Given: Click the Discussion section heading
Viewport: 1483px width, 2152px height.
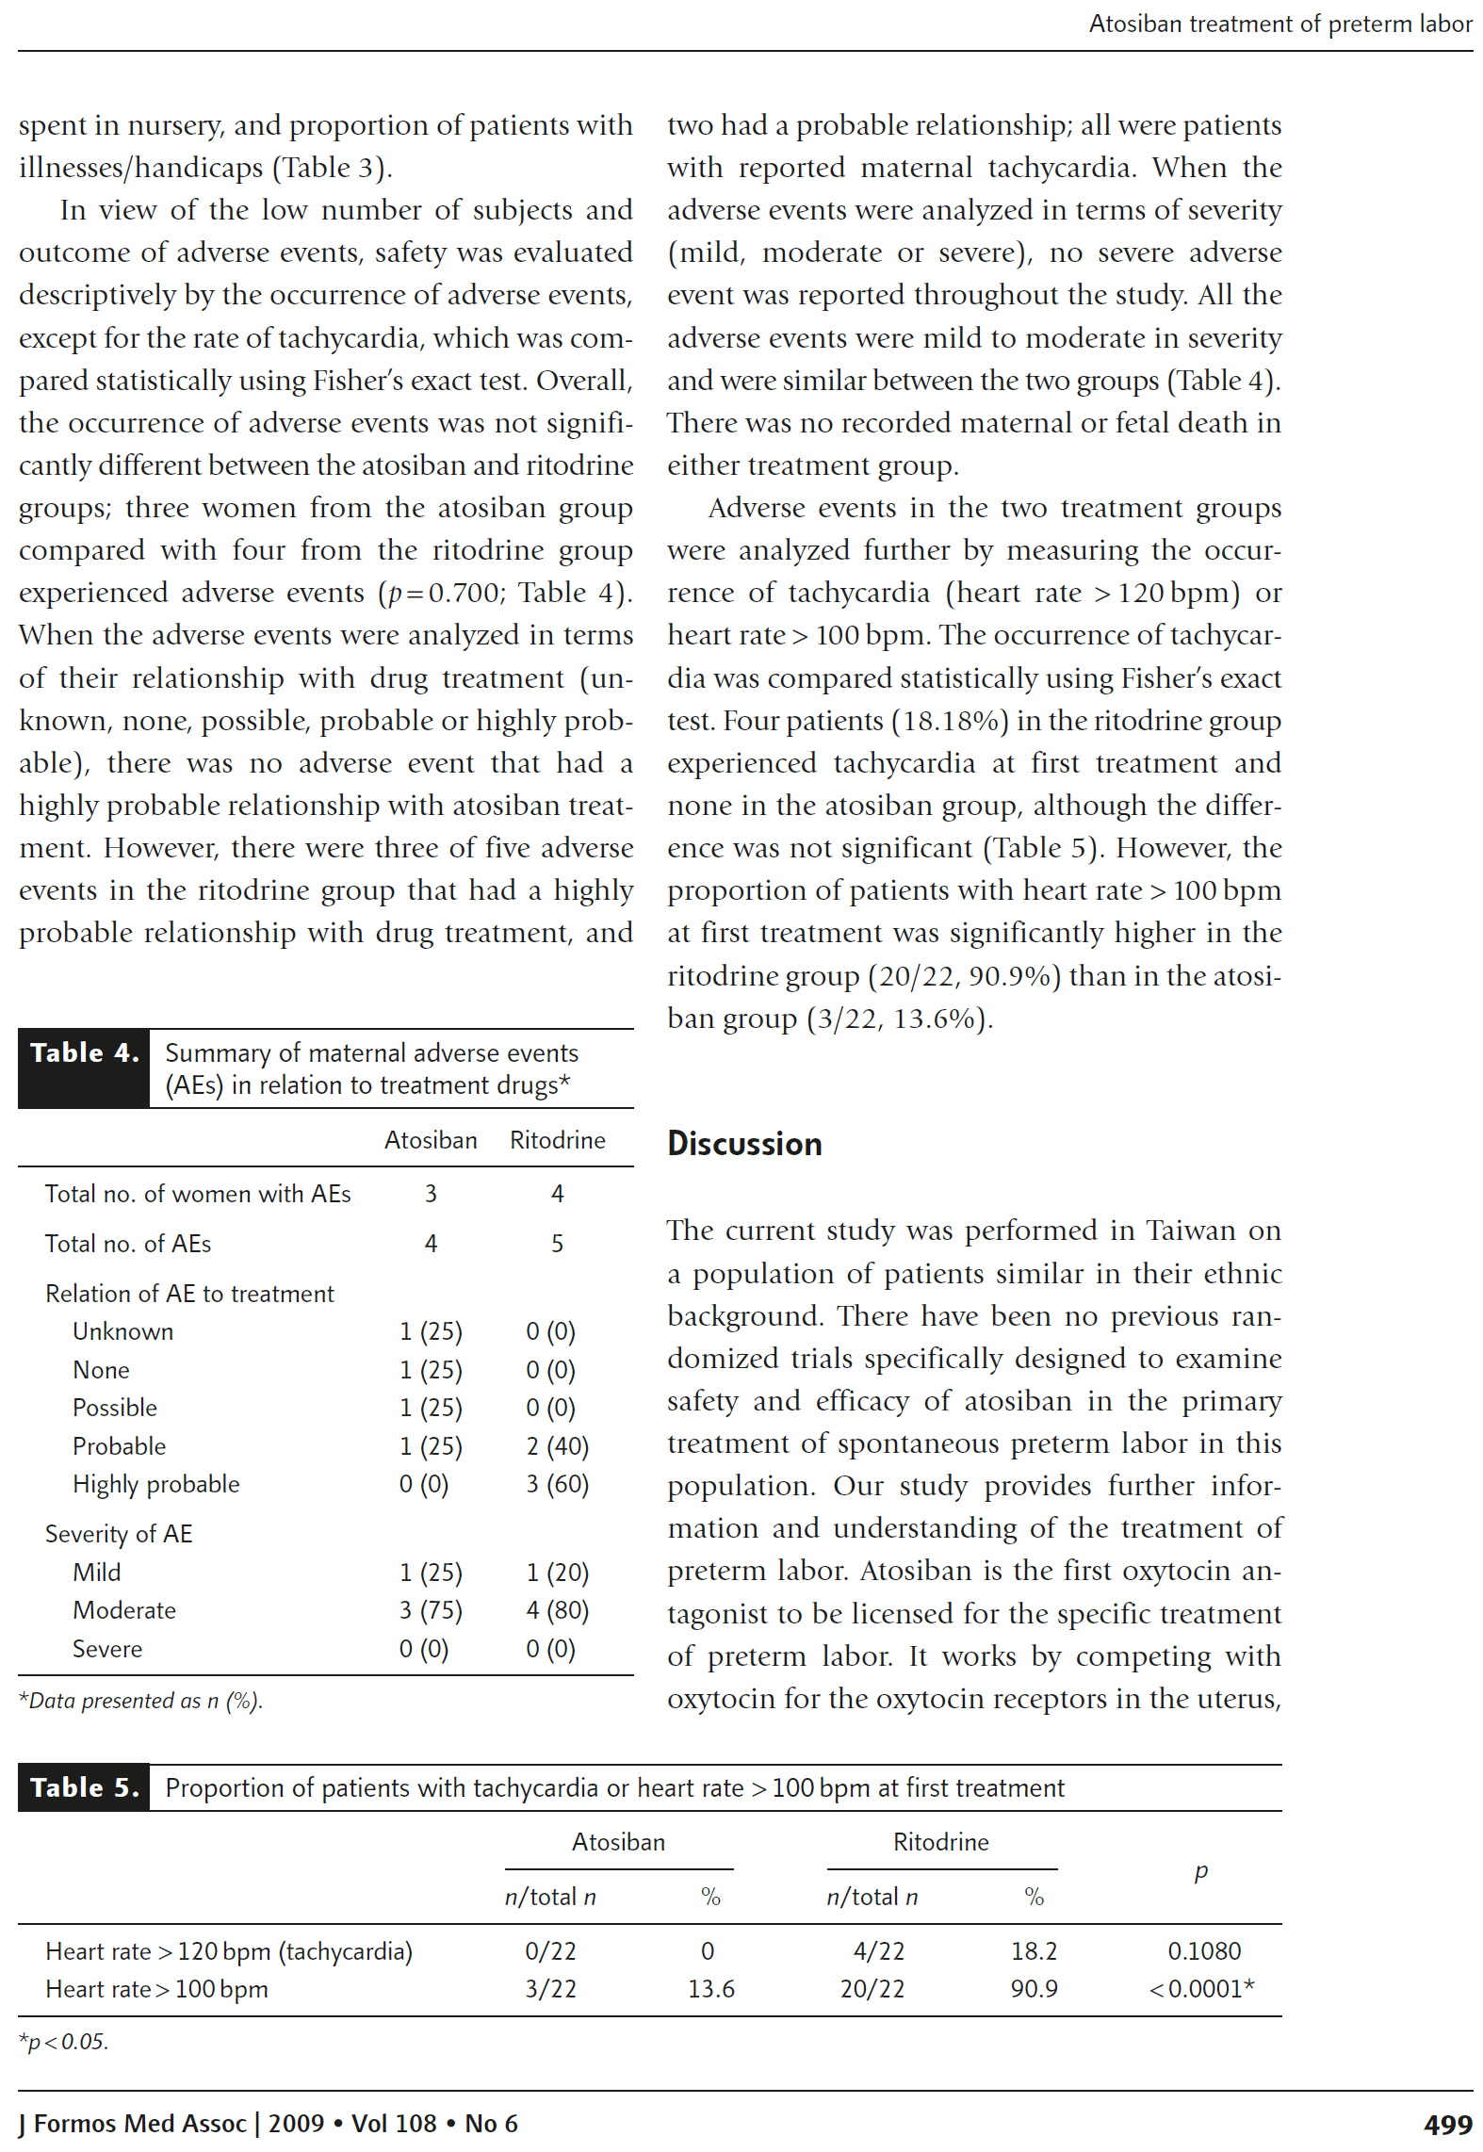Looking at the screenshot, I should pyautogui.click(x=744, y=1143).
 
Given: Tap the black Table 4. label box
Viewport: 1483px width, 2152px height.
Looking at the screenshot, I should pyautogui.click(x=84, y=1068).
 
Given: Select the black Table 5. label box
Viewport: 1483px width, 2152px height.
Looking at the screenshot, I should pyautogui.click(x=84, y=1787).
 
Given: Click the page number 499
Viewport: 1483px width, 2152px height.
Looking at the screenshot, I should pyautogui.click(x=1447, y=2125).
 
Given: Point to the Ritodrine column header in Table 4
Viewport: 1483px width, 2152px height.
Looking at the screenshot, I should pyautogui.click(x=557, y=1140).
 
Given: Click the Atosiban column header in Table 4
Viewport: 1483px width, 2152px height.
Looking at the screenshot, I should pyautogui.click(x=431, y=1140).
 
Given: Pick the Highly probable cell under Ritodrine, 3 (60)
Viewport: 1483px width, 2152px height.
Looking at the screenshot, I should pyautogui.click(x=557, y=1484).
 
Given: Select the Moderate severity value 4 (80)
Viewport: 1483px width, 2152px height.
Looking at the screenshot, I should pyautogui.click(x=557, y=1610).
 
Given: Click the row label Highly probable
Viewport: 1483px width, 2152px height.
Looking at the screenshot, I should pyautogui.click(x=155, y=1484).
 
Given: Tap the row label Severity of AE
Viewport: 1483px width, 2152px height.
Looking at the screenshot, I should pyautogui.click(x=119, y=1534).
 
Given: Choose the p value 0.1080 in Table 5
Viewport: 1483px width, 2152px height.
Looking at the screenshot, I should pyautogui.click(x=1203, y=1950).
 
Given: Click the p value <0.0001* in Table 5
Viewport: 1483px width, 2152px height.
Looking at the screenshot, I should pyautogui.click(x=1200, y=1989).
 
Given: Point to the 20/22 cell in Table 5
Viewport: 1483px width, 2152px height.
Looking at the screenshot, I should pyautogui.click(x=872, y=1989).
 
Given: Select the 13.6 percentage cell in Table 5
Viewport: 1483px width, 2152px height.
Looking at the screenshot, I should pyautogui.click(x=710, y=1989).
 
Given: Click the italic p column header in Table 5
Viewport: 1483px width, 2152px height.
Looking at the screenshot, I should pyautogui.click(x=1200, y=1871).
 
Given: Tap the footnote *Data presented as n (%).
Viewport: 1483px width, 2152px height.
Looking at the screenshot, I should pyautogui.click(x=140, y=1701).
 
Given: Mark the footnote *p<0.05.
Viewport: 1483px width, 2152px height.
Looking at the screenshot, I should pyautogui.click(x=64, y=2042).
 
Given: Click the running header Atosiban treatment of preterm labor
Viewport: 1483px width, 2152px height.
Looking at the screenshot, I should pyautogui.click(x=1279, y=24).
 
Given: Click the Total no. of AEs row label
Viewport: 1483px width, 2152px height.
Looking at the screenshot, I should pyautogui.click(x=128, y=1244).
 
